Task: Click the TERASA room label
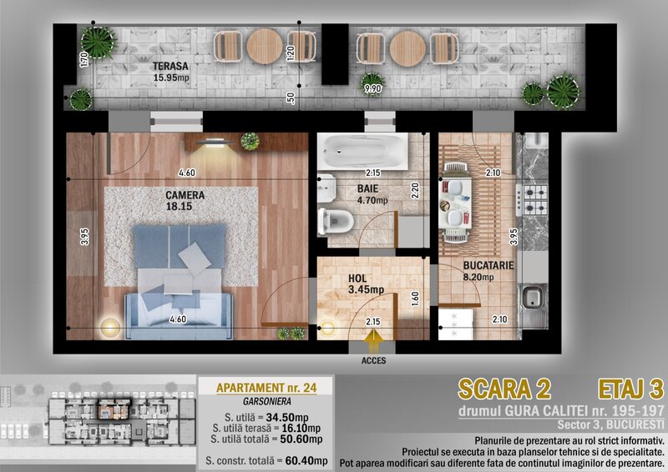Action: pyautogui.click(x=170, y=66)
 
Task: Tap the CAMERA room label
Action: pyautogui.click(x=185, y=195)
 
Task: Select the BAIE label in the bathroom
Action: pyautogui.click(x=367, y=188)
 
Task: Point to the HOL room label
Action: pyautogui.click(x=357, y=279)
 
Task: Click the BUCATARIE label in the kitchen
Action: pyautogui.click(x=488, y=265)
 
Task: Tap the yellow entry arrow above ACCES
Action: pyautogui.click(x=373, y=340)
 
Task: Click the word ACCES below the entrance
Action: pyautogui.click(x=373, y=360)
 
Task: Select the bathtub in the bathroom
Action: pyautogui.click(x=362, y=151)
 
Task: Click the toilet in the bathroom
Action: pyautogui.click(x=336, y=221)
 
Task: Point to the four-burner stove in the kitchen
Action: pyautogui.click(x=532, y=200)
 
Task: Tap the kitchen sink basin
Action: pyautogui.click(x=532, y=297)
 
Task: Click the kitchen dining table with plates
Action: pyautogui.click(x=455, y=202)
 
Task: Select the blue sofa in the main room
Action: pyautogui.click(x=179, y=316)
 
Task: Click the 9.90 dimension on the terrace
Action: pyautogui.click(x=372, y=88)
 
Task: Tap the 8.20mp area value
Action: pyautogui.click(x=478, y=277)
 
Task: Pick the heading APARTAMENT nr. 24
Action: pyautogui.click(x=266, y=388)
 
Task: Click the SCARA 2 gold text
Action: pyautogui.click(x=504, y=389)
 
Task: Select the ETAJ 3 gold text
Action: pyautogui.click(x=631, y=389)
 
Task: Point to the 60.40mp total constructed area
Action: pyautogui.click(x=306, y=460)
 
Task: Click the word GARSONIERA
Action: pyautogui.click(x=267, y=401)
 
